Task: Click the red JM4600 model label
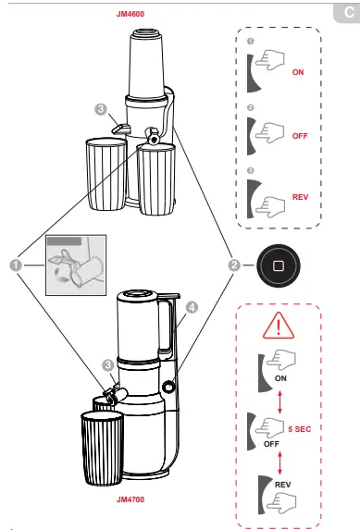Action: click(130, 14)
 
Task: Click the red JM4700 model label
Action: click(130, 499)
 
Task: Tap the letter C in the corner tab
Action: click(349, 13)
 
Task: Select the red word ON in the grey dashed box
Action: click(298, 72)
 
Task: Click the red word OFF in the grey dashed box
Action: click(300, 136)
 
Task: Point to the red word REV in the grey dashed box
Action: click(300, 197)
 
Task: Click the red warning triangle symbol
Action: click(279, 326)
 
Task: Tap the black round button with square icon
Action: click(279, 265)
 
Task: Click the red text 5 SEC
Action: click(300, 429)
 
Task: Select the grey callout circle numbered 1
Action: click(16, 265)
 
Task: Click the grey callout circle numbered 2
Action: click(234, 265)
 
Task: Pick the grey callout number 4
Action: click(192, 308)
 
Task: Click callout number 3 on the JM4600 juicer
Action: click(101, 109)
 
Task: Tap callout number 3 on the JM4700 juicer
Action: click(108, 365)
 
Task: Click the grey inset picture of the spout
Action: click(76, 265)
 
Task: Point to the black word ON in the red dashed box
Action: click(280, 378)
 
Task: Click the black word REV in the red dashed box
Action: click(283, 485)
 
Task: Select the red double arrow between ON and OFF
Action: click(279, 402)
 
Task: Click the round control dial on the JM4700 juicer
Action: click(168, 387)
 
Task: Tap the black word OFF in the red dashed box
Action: click(271, 444)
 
